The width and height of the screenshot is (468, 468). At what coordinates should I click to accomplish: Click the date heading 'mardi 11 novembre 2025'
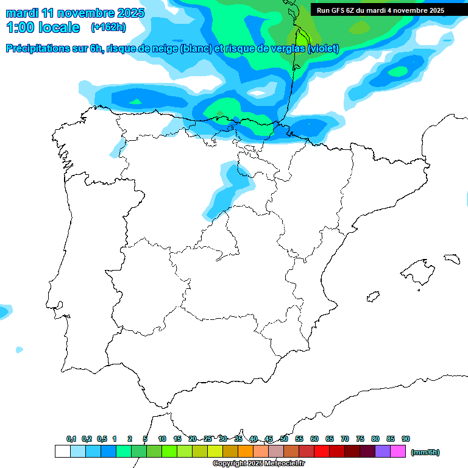75,12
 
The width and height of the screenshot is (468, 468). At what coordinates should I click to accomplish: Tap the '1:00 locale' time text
43,27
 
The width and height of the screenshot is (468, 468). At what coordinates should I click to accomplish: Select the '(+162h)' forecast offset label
109,27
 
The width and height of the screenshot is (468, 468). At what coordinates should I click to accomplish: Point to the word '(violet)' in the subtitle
324,49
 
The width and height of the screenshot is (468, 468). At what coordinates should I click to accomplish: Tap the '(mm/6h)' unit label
425,452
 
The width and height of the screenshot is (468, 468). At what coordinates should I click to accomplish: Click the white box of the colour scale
62,452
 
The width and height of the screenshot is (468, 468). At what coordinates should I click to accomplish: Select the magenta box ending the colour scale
398,452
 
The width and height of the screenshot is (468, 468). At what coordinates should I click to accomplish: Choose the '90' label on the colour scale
406,439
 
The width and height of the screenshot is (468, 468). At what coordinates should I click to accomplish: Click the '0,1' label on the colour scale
71,439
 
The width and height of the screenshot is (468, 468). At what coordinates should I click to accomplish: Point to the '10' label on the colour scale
162,439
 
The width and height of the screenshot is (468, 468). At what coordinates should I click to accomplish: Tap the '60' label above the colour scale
314,439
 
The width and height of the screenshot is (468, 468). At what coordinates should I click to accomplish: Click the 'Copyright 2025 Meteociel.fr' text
258,464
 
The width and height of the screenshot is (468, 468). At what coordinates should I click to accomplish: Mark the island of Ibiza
373,297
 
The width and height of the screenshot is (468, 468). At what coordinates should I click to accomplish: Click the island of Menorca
452,258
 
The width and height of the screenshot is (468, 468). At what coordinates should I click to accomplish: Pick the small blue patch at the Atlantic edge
4,311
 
